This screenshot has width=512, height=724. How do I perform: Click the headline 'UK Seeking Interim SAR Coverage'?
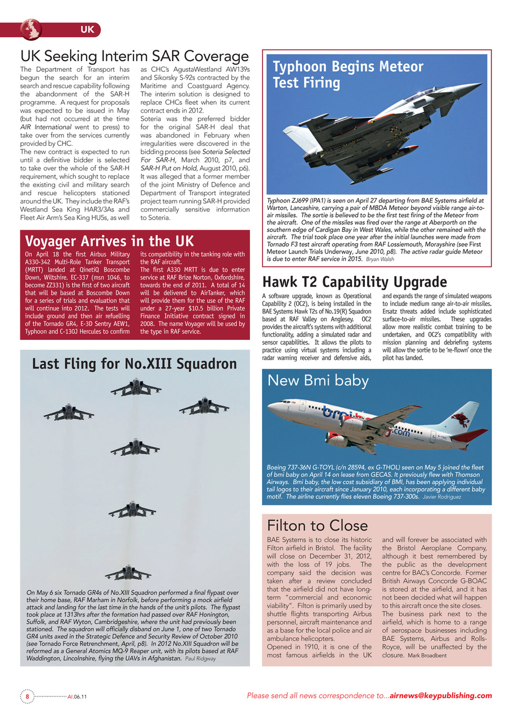[x=135, y=57]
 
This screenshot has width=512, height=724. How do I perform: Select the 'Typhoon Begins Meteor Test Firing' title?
[x=348, y=75]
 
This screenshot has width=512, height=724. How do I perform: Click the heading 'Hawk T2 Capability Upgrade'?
[x=355, y=282]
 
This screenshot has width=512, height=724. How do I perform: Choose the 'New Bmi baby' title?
[x=318, y=381]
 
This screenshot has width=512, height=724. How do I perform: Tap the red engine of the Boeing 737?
[x=337, y=440]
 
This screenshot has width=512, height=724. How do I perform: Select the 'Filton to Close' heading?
[x=317, y=525]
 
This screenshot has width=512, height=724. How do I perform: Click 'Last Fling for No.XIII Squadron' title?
[x=134, y=364]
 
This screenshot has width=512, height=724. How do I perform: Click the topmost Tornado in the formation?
[x=136, y=387]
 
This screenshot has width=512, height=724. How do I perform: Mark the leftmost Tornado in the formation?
[x=68, y=413]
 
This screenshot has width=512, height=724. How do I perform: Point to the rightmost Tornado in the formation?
[x=204, y=405]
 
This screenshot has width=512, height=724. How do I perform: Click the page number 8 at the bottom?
[x=27, y=696]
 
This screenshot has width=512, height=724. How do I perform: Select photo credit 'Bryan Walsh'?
[x=380, y=259]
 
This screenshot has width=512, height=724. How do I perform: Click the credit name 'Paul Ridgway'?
[x=201, y=658]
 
